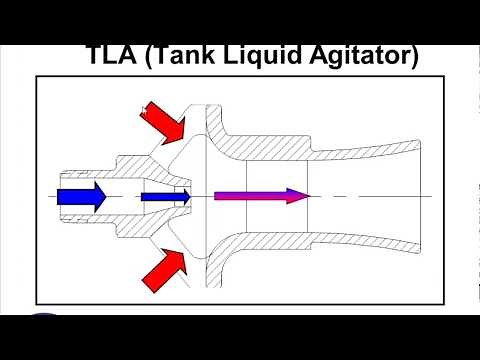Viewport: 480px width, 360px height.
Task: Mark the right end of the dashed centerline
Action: point(432,196)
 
